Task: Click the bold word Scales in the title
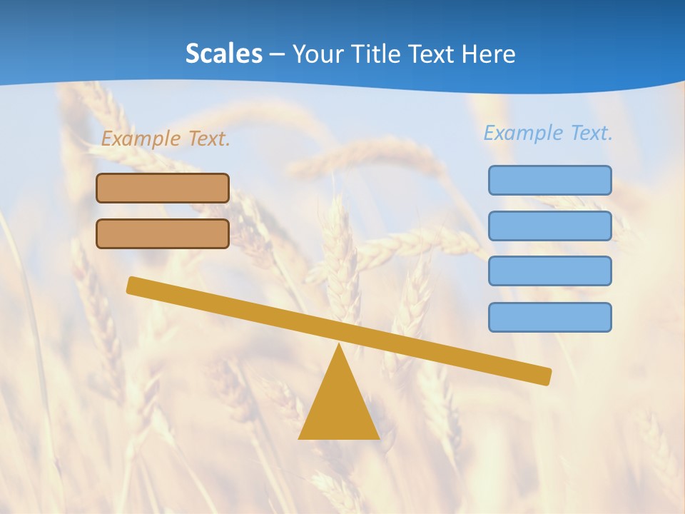pyautogui.click(x=223, y=54)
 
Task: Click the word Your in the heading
pyautogui.click(x=319, y=54)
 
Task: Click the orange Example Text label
pyautogui.click(x=166, y=138)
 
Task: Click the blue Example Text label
pyautogui.click(x=548, y=133)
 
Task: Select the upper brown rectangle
pyautogui.click(x=163, y=188)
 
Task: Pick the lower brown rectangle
pyautogui.click(x=163, y=233)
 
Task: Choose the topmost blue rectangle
pyautogui.click(x=549, y=180)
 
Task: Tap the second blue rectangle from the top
pyautogui.click(x=549, y=226)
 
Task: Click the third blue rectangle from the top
pyautogui.click(x=549, y=271)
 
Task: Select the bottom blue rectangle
pyautogui.click(x=549, y=317)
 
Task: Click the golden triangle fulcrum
pyautogui.click(x=339, y=407)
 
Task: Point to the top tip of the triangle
pyautogui.click(x=339, y=345)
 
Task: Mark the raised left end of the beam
pyautogui.click(x=133, y=285)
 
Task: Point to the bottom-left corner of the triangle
pyautogui.click(x=300, y=438)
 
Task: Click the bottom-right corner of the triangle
pyautogui.click(x=378, y=438)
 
